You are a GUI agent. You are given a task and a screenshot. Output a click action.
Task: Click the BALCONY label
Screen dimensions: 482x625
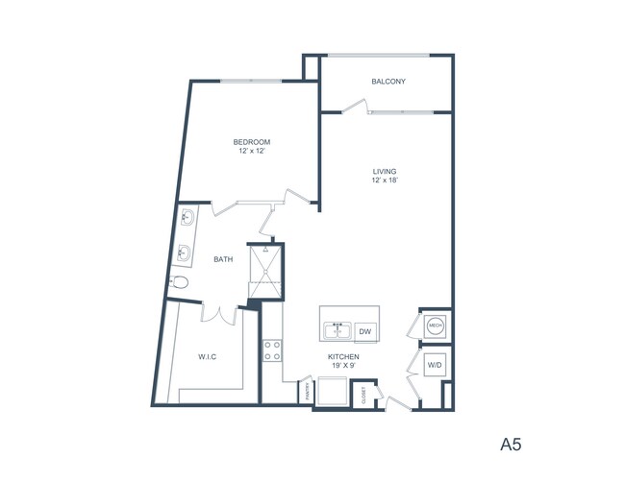point(388,82)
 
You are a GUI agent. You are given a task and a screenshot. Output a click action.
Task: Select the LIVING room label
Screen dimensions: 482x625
point(385,172)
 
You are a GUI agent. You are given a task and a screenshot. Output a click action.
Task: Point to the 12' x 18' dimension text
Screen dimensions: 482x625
point(385,181)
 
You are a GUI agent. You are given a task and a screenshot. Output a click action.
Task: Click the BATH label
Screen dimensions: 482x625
point(223,259)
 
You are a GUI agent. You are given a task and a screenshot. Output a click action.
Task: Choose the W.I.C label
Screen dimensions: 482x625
point(208,357)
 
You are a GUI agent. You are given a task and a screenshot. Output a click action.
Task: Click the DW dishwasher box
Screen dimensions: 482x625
point(364,331)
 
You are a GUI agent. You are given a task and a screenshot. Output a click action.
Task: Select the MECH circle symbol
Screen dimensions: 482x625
point(435,326)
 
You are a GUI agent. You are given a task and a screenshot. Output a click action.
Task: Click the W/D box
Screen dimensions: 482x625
point(435,365)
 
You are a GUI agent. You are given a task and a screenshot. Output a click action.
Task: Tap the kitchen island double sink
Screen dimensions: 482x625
point(337,331)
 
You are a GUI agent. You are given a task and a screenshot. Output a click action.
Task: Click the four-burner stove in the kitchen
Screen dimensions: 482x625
point(272,350)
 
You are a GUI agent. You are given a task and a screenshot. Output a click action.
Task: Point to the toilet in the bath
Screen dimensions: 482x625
point(179,284)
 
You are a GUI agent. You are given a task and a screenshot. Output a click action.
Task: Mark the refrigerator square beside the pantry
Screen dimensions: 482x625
point(334,392)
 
